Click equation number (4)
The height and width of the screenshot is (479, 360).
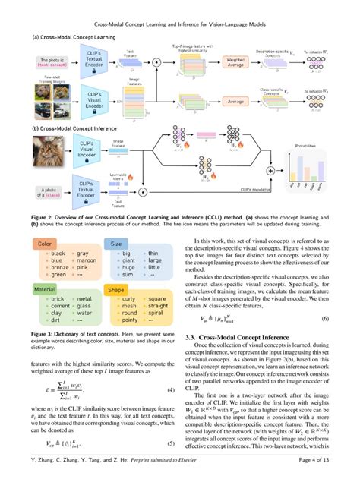click(171, 392)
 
